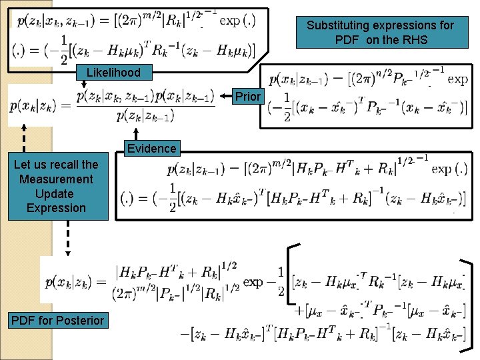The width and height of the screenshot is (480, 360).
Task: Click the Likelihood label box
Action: [113, 72]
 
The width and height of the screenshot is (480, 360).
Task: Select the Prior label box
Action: [248, 97]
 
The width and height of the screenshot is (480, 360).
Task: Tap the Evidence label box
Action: [151, 148]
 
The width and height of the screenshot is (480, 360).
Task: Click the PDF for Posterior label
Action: [58, 321]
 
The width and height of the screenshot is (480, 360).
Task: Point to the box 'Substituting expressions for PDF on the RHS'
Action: [380, 32]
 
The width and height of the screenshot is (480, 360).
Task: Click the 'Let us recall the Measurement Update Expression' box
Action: [56, 186]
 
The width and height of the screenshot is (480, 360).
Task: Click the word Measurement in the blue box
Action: [56, 179]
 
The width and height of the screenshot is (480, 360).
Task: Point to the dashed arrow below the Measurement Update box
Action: [67, 238]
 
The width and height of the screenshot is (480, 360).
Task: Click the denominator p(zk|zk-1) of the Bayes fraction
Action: [144, 116]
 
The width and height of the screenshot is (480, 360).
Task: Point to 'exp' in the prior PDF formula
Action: [457, 79]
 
